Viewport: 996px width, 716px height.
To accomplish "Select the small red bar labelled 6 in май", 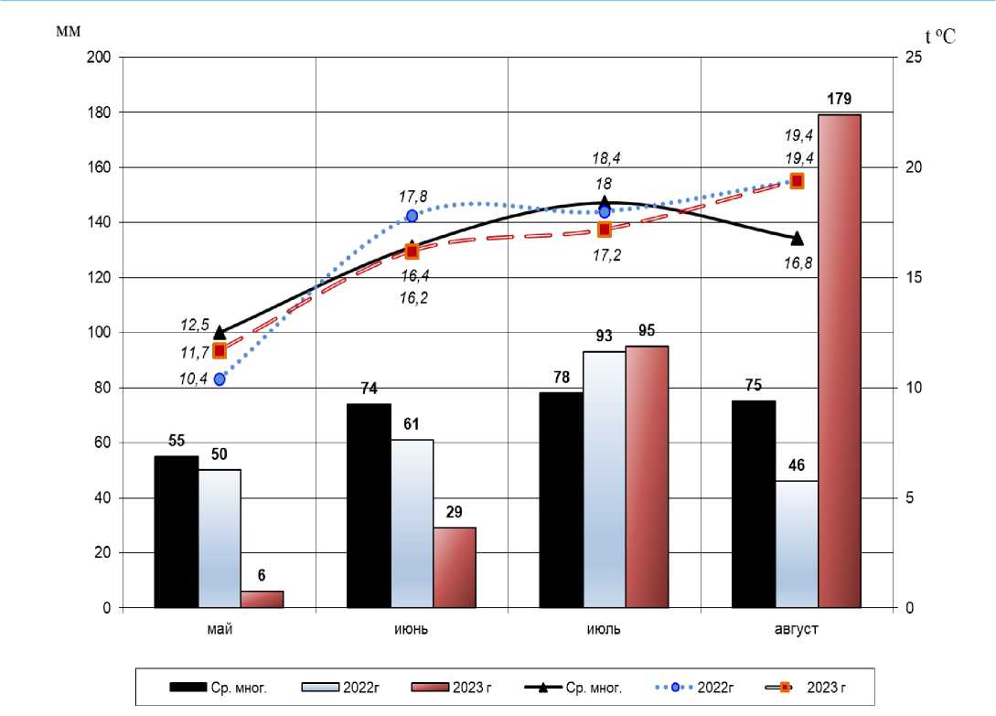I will click(x=262, y=599).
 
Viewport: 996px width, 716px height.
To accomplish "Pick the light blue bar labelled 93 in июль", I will click(x=605, y=479).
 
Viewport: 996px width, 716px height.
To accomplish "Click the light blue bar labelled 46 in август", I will click(x=797, y=544).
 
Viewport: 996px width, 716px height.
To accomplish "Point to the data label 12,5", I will click(x=195, y=325).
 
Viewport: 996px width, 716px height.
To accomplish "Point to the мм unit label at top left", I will click(x=69, y=31).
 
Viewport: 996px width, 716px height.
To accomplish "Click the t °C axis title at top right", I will click(x=938, y=37).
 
